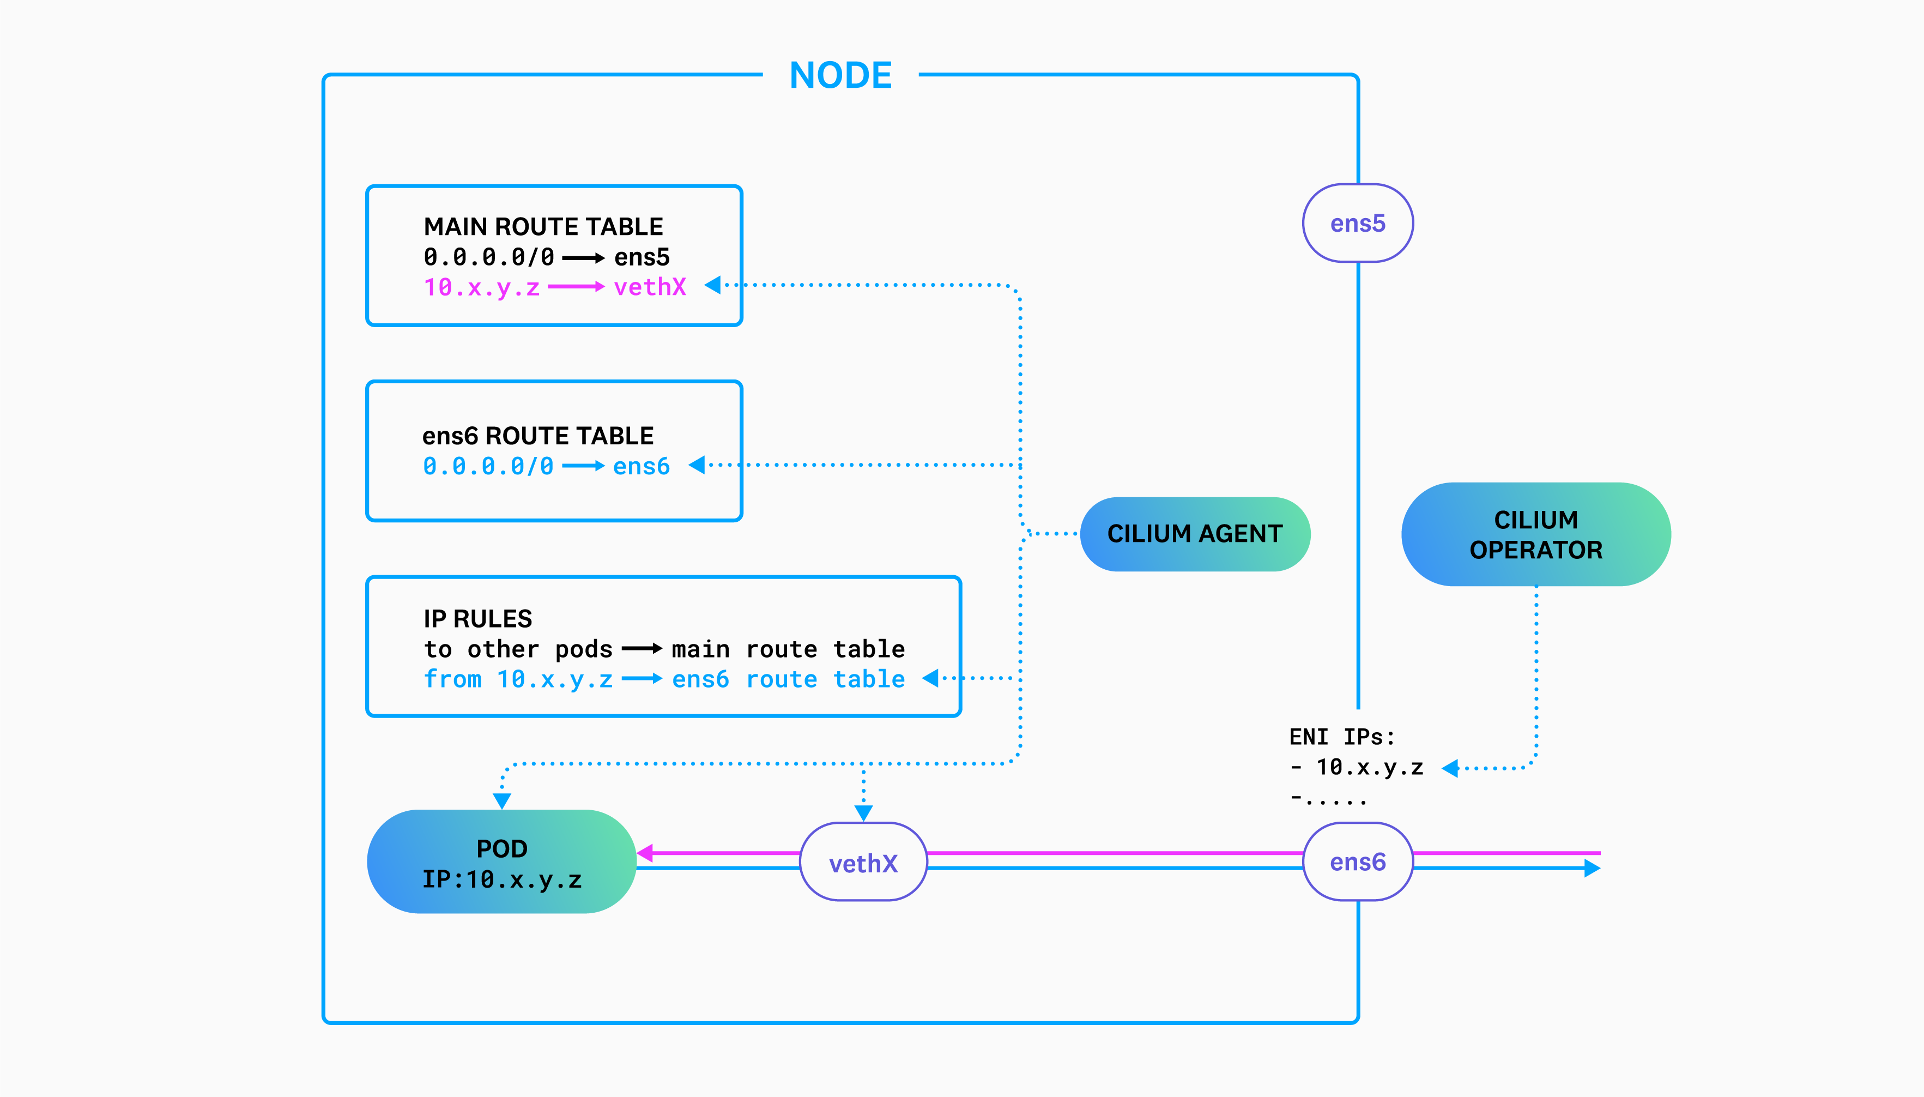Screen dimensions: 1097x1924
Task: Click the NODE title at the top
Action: click(x=840, y=75)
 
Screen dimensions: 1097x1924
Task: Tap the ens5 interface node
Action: click(x=1357, y=224)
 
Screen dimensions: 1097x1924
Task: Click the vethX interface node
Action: click(x=863, y=863)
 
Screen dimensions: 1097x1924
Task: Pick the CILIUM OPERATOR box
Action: click(x=1535, y=535)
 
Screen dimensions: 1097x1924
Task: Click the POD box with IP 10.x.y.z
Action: click(x=501, y=863)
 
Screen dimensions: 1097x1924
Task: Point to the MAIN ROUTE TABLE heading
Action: click(x=543, y=227)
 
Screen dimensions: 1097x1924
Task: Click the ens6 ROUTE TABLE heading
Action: click(x=537, y=436)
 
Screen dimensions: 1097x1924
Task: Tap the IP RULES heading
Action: click(x=477, y=619)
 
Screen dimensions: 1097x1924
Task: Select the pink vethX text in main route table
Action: click(x=650, y=287)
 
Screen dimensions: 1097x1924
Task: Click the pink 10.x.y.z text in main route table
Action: click(x=482, y=287)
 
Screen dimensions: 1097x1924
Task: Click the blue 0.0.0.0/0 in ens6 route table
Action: click(x=488, y=466)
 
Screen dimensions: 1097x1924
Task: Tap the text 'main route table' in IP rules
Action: click(x=788, y=649)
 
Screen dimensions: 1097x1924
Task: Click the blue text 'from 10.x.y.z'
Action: click(x=518, y=679)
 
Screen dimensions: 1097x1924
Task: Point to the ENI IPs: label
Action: click(x=1342, y=737)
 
